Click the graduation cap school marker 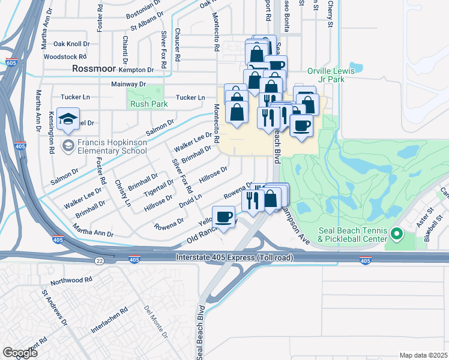(69, 119)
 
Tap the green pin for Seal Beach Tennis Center (396, 233)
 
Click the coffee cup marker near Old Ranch (224, 217)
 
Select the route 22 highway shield (98, 260)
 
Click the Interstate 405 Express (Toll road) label (231, 257)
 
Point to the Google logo (20, 353)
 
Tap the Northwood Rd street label (71, 280)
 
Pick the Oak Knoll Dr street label (71, 44)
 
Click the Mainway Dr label (128, 85)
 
